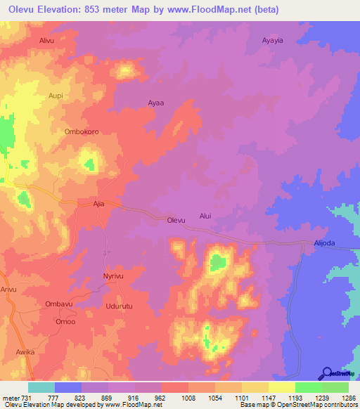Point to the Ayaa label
pyautogui.click(x=155, y=103)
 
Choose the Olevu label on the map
pyautogui.click(x=176, y=220)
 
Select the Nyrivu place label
pyautogui.click(x=114, y=276)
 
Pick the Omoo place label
pyautogui.click(x=66, y=321)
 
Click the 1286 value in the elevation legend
pyautogui.click(x=344, y=397)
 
